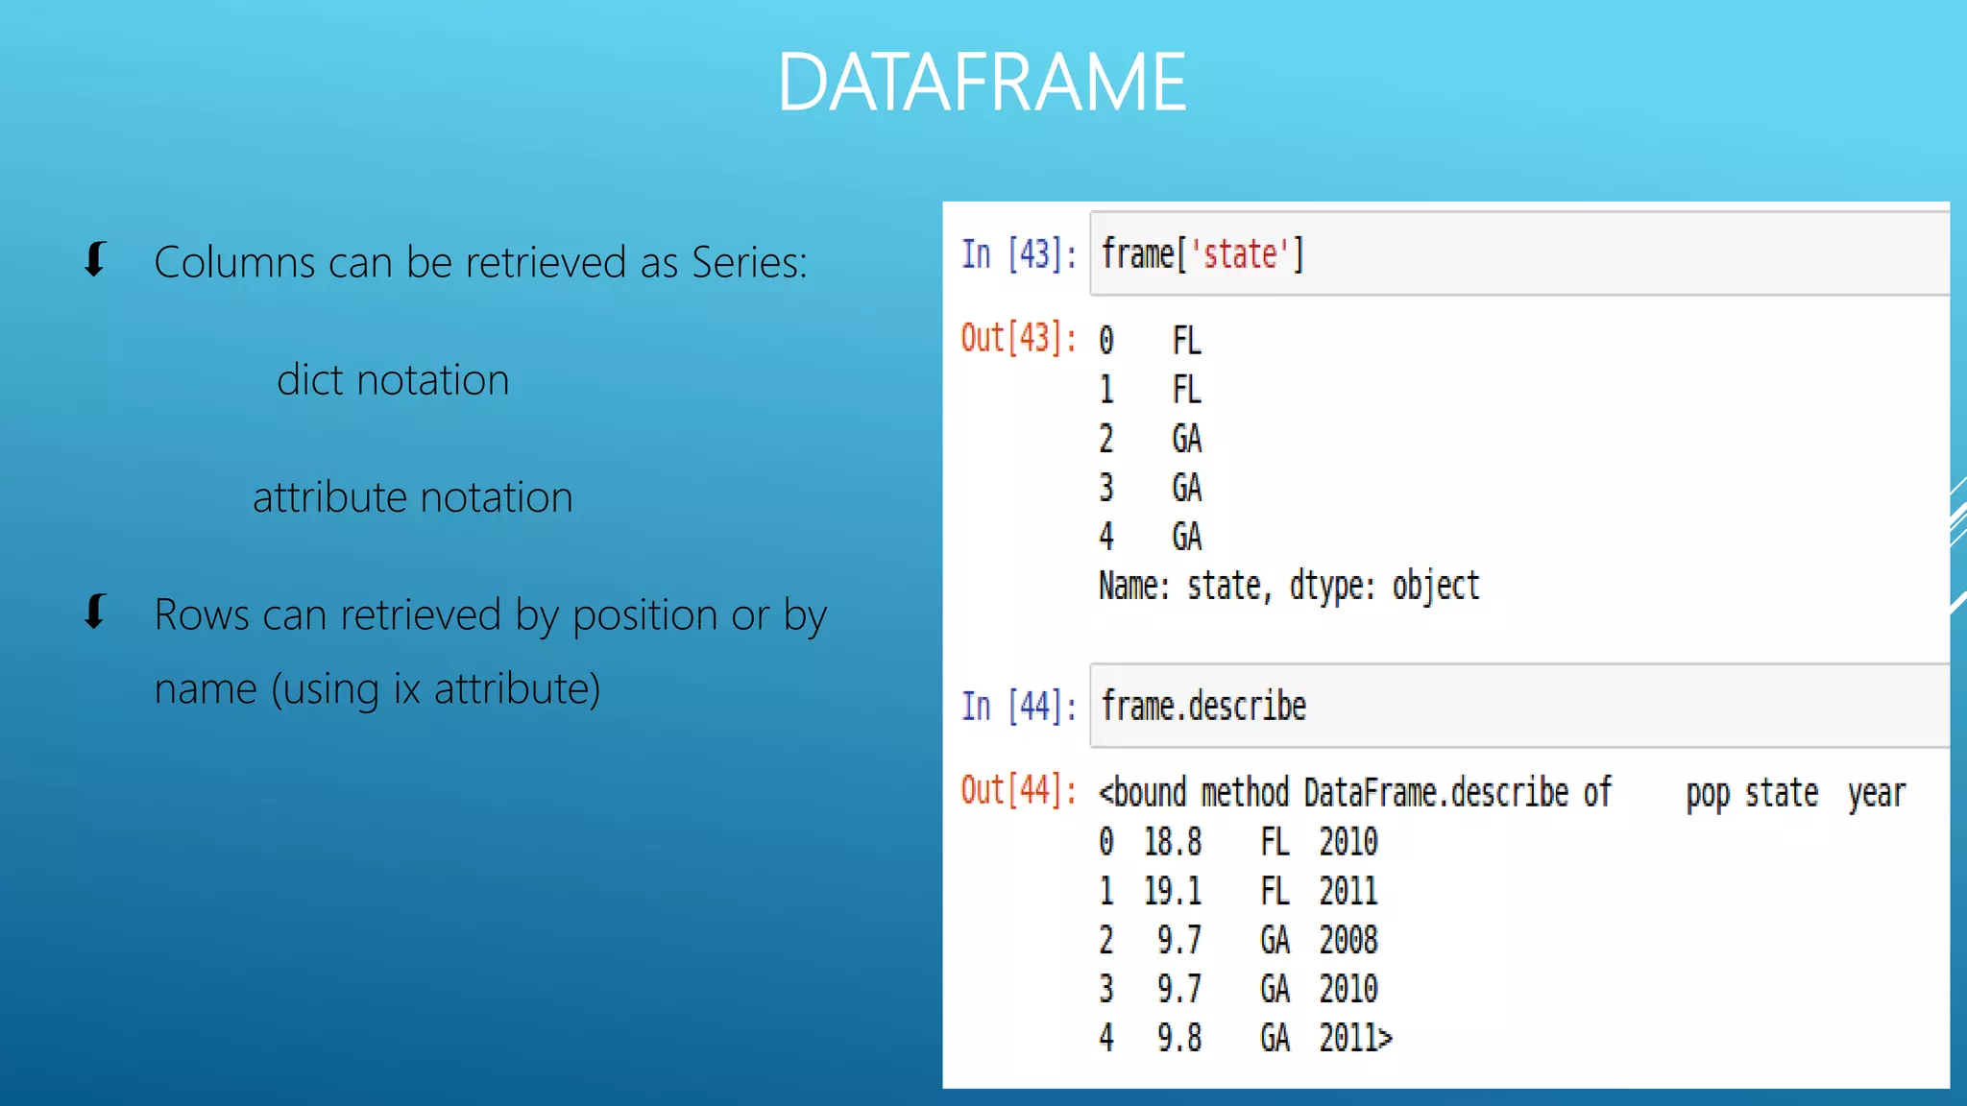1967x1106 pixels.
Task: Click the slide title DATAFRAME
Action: (982, 83)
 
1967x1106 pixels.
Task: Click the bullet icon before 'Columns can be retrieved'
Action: (94, 259)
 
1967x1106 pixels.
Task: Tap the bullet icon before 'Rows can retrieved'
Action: (94, 612)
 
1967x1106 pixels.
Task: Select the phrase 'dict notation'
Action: (393, 380)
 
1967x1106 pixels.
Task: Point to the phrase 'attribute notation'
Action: (412, 497)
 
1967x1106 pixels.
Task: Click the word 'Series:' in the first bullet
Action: (749, 262)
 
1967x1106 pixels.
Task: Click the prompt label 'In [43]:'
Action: (1018, 254)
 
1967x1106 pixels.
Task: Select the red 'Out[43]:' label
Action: (1018, 338)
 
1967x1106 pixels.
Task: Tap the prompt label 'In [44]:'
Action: (1018, 707)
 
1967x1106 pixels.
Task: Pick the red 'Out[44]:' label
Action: (1018, 790)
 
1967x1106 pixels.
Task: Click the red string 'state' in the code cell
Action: (1240, 254)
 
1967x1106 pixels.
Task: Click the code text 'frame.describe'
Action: (1203, 707)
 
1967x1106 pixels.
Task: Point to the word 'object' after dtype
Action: (1436, 586)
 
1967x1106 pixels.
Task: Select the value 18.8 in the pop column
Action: (1172, 842)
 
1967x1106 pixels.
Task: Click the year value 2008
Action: (1348, 940)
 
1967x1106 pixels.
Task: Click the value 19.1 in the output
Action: (1172, 891)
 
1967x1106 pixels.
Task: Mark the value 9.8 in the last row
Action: (1178, 1038)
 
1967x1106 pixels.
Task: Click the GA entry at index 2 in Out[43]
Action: (1186, 439)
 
